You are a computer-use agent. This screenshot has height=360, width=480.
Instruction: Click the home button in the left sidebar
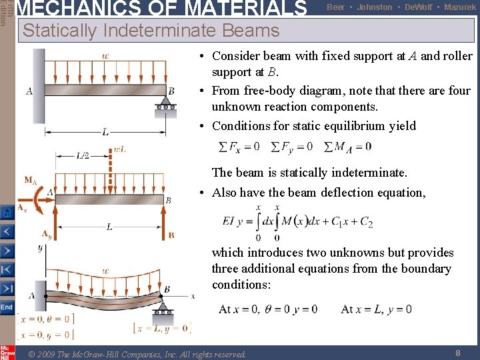click(7, 213)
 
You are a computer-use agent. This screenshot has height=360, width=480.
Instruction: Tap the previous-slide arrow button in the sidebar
click(7, 232)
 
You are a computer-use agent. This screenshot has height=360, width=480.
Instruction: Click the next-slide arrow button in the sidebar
click(7, 251)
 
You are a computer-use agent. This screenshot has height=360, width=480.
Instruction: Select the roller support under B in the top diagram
click(165, 105)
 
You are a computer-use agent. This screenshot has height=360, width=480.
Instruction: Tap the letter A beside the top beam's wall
click(29, 91)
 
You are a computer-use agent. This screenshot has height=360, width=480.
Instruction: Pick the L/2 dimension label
click(83, 156)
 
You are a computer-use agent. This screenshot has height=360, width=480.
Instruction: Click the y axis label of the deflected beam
click(39, 248)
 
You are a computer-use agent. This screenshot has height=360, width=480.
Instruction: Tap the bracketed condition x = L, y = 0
click(162, 328)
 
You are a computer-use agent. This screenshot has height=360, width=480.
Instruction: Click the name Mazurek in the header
click(460, 7)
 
